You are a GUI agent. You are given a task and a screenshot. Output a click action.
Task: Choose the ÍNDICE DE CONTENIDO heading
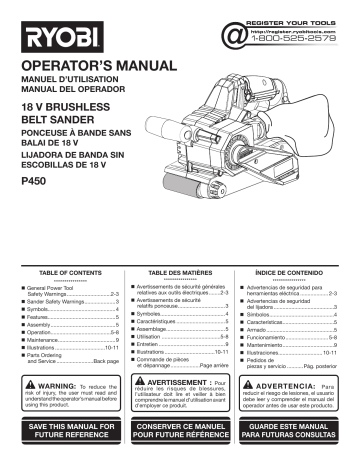click(x=296, y=272)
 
